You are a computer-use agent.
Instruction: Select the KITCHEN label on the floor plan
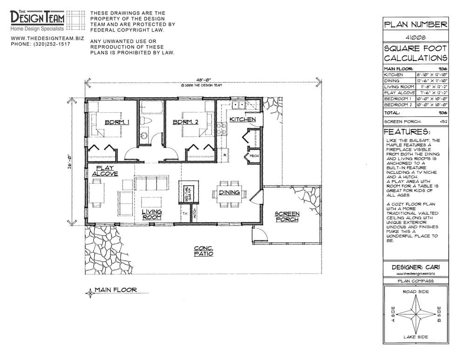tap(242, 120)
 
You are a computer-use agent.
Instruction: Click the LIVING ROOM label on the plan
tap(151, 215)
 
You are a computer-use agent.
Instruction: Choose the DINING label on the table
tap(229, 192)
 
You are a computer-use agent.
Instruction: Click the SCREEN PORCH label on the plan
tap(287, 217)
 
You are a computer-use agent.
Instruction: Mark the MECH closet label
tap(254, 156)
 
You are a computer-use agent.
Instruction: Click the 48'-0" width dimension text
tap(203, 80)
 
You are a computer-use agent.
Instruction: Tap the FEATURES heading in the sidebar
tap(407, 132)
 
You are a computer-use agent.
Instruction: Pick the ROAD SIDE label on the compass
tap(415, 292)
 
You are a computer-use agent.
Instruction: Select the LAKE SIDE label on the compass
tap(415, 337)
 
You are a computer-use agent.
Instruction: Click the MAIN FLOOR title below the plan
tap(116, 290)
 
